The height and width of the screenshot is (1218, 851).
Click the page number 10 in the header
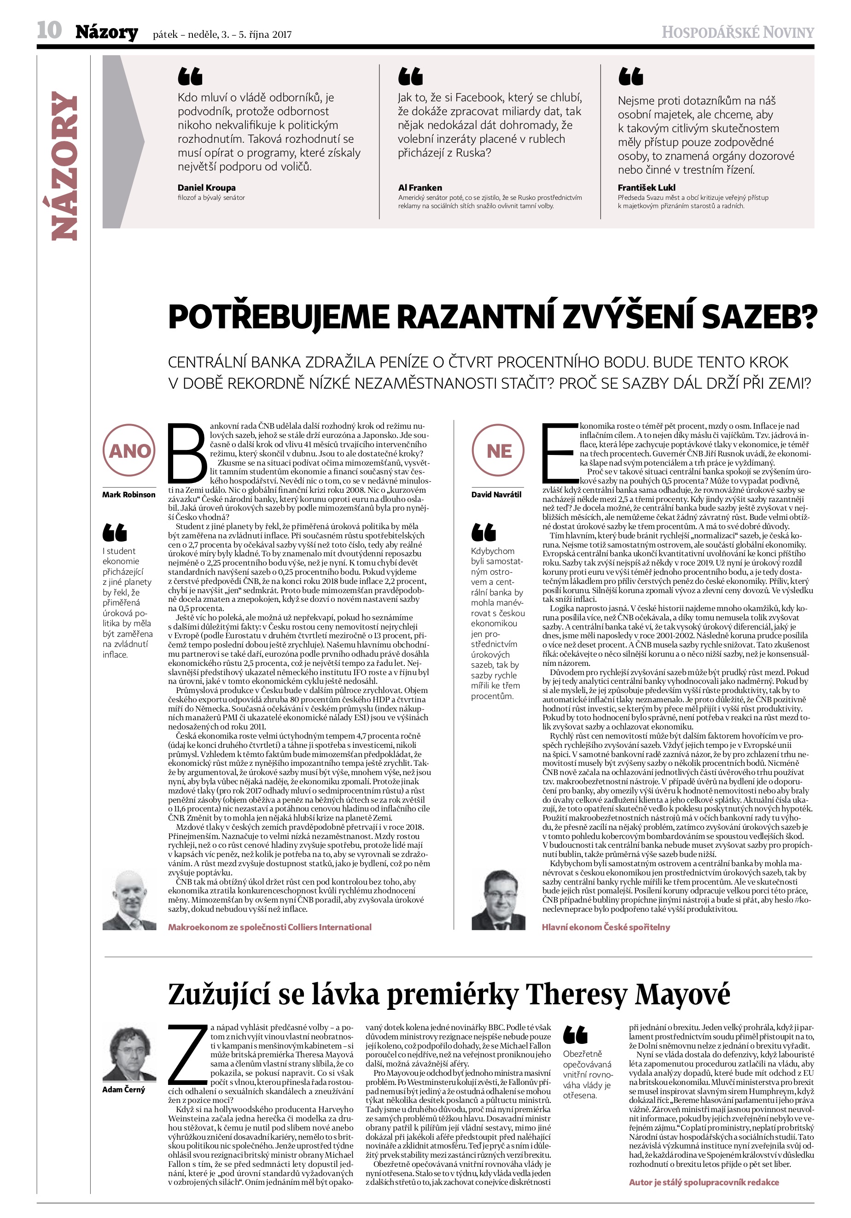point(49,30)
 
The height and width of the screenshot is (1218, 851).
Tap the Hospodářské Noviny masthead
point(737,33)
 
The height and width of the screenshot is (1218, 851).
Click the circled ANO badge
point(129,450)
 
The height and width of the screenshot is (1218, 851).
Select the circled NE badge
point(499,450)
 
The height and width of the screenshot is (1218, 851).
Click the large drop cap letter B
point(187,450)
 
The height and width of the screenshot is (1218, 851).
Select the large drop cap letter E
point(559,450)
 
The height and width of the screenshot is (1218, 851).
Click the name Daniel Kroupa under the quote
point(206,187)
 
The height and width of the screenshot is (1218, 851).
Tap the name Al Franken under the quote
point(420,187)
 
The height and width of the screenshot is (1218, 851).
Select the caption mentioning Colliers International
point(269,927)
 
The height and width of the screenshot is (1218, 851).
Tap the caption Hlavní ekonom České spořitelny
point(606,927)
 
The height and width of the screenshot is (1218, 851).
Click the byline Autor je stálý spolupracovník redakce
point(704,1182)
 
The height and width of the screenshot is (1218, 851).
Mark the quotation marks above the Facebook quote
point(410,76)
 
